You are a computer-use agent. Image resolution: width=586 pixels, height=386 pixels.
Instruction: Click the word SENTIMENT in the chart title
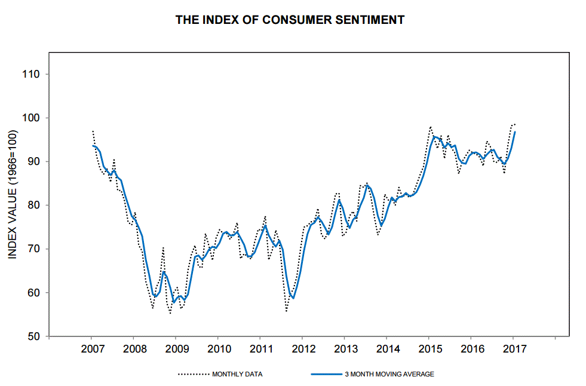pyautogui.click(x=371, y=20)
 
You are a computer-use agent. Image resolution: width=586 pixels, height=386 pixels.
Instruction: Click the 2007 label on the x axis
pyautogui.click(x=92, y=349)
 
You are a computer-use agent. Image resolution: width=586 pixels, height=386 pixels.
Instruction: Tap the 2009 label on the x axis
pyautogui.click(x=176, y=349)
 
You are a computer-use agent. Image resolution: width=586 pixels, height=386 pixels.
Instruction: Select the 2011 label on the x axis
pyautogui.click(x=260, y=349)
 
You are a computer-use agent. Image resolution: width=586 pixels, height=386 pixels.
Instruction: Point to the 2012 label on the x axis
pyautogui.click(x=303, y=349)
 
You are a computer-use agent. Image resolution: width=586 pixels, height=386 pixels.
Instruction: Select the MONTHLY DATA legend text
pyautogui.click(x=237, y=375)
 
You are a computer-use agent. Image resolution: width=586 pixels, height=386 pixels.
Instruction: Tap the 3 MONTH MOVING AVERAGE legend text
pyautogui.click(x=389, y=375)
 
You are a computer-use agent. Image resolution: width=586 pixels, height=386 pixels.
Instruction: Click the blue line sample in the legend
pyautogui.click(x=326, y=375)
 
